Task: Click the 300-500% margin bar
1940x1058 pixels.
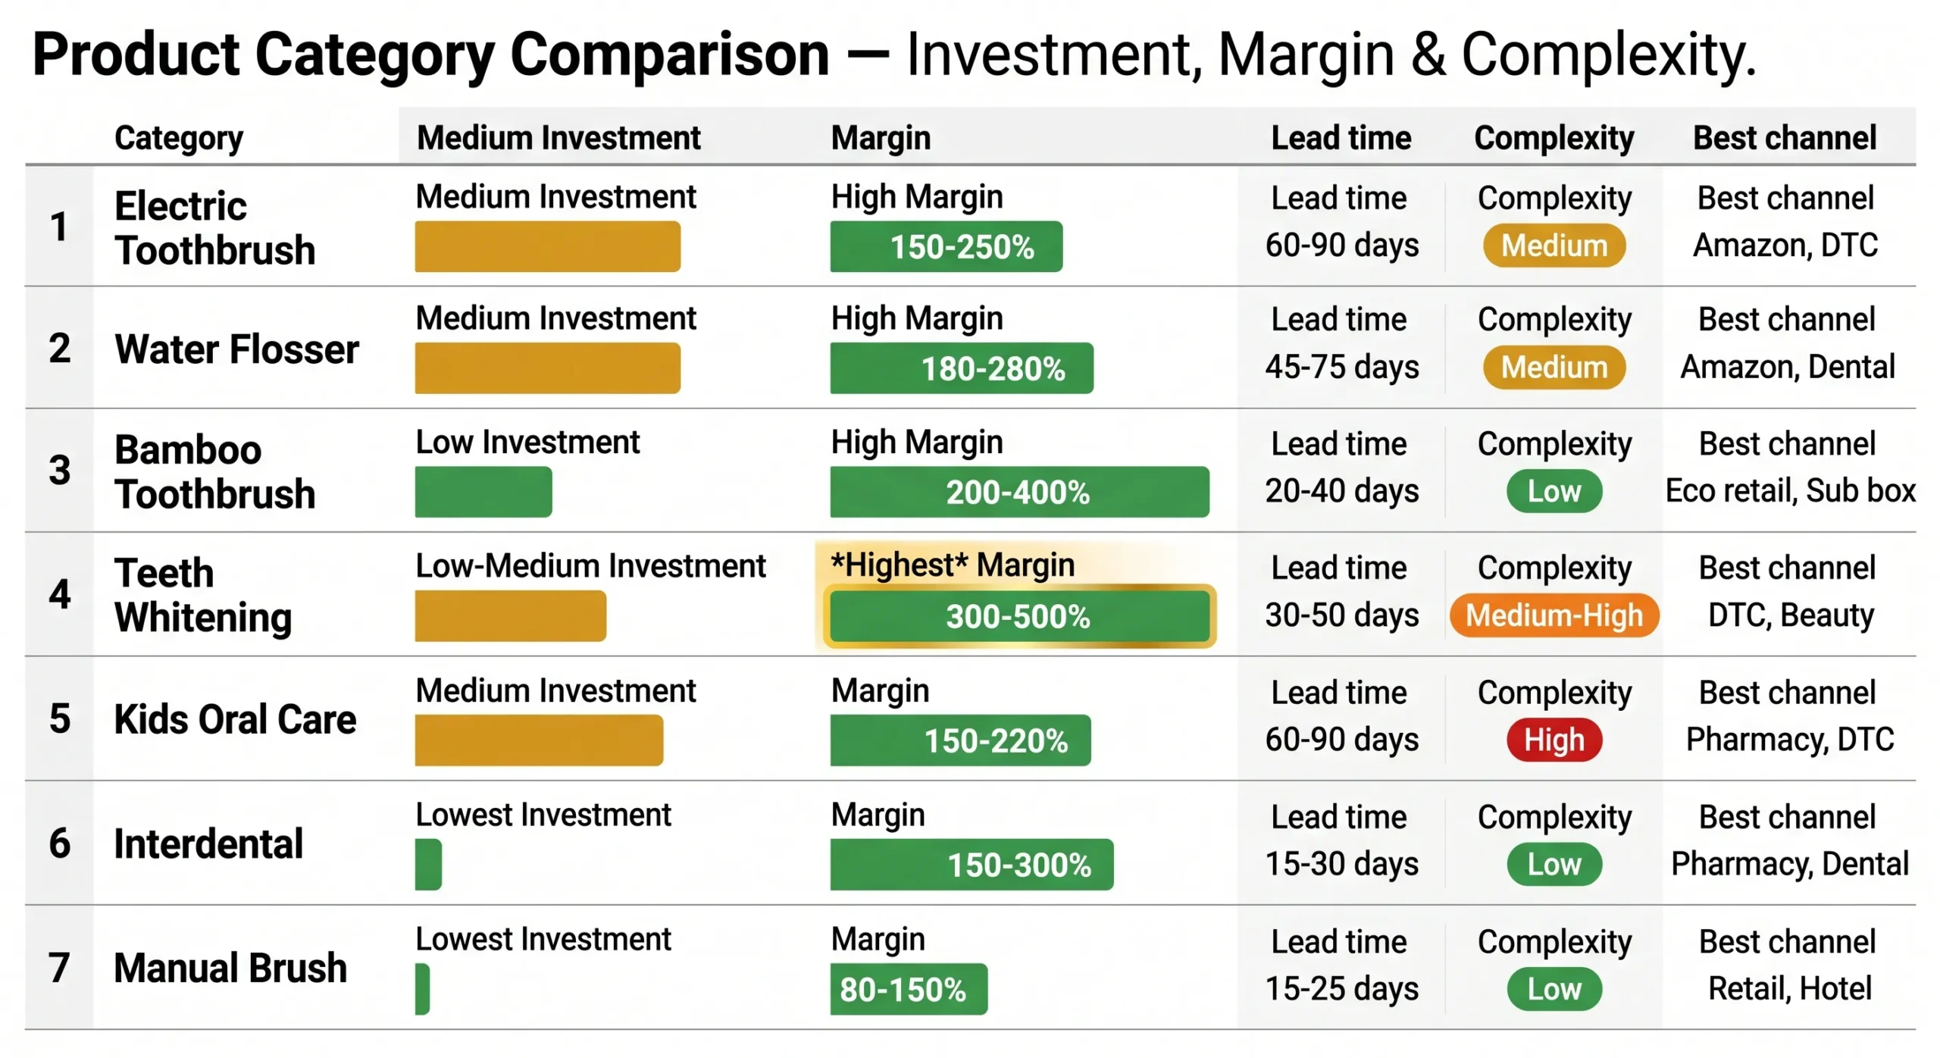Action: click(x=1018, y=615)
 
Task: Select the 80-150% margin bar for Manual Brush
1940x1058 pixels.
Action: click(x=908, y=988)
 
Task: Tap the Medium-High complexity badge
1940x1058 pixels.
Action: click(x=1554, y=615)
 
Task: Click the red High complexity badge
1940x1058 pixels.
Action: click(x=1554, y=739)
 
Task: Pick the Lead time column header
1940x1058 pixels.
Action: click(x=1341, y=138)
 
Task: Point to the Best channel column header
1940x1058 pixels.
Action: click(x=1784, y=138)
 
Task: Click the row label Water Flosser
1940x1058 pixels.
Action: click(x=236, y=349)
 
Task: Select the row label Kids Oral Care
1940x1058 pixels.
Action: click(x=235, y=718)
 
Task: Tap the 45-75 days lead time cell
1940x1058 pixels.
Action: click(x=1341, y=367)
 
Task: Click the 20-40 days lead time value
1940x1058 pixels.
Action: click(x=1341, y=491)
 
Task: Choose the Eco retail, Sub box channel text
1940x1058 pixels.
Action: click(x=1789, y=491)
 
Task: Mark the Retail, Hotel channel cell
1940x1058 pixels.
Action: click(x=1789, y=988)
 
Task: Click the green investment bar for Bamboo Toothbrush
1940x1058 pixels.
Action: click(x=483, y=492)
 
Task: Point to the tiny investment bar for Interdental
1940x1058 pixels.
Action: click(x=428, y=864)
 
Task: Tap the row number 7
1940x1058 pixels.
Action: click(x=59, y=968)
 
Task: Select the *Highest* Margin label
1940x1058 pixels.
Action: click(x=952, y=565)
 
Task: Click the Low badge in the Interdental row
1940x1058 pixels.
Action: click(x=1554, y=864)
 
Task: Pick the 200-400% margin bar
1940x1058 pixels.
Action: click(x=1018, y=492)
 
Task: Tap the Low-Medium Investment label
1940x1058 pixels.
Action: click(x=590, y=566)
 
